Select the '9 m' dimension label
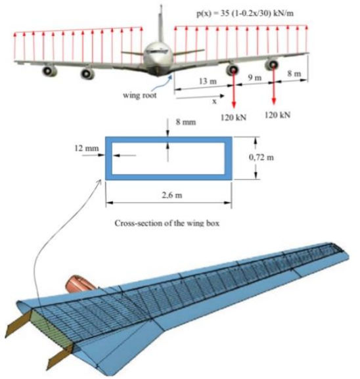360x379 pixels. click(254, 78)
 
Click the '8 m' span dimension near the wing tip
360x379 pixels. click(294, 74)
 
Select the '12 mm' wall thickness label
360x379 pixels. click(86, 148)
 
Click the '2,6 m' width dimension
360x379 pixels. click(169, 195)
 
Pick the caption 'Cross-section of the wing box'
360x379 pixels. click(169, 223)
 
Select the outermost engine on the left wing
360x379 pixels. click(49, 70)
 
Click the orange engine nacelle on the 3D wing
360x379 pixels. click(81, 283)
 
